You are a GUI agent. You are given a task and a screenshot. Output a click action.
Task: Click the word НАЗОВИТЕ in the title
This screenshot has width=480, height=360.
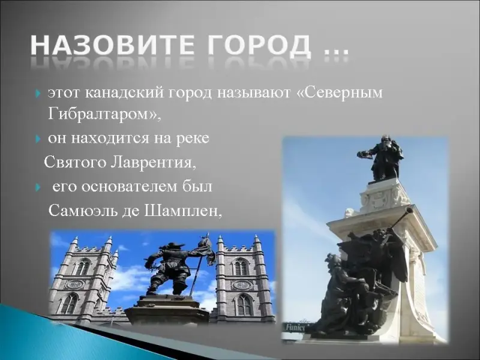(113, 46)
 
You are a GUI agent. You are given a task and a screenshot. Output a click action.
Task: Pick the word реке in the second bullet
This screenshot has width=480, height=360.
(193, 139)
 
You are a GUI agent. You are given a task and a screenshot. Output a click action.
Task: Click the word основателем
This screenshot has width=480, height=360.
(123, 187)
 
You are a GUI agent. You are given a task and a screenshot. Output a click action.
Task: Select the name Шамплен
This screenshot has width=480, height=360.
(183, 211)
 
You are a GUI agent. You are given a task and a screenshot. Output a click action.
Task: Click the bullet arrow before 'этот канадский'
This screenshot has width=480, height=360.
(38, 93)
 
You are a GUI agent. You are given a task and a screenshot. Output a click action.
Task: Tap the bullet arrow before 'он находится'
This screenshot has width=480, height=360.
(38, 139)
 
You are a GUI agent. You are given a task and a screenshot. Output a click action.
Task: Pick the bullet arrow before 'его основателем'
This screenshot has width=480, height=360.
(38, 187)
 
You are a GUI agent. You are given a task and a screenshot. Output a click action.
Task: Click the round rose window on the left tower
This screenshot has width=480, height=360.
(75, 284)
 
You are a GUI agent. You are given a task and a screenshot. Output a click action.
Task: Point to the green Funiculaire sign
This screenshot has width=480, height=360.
(295, 328)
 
